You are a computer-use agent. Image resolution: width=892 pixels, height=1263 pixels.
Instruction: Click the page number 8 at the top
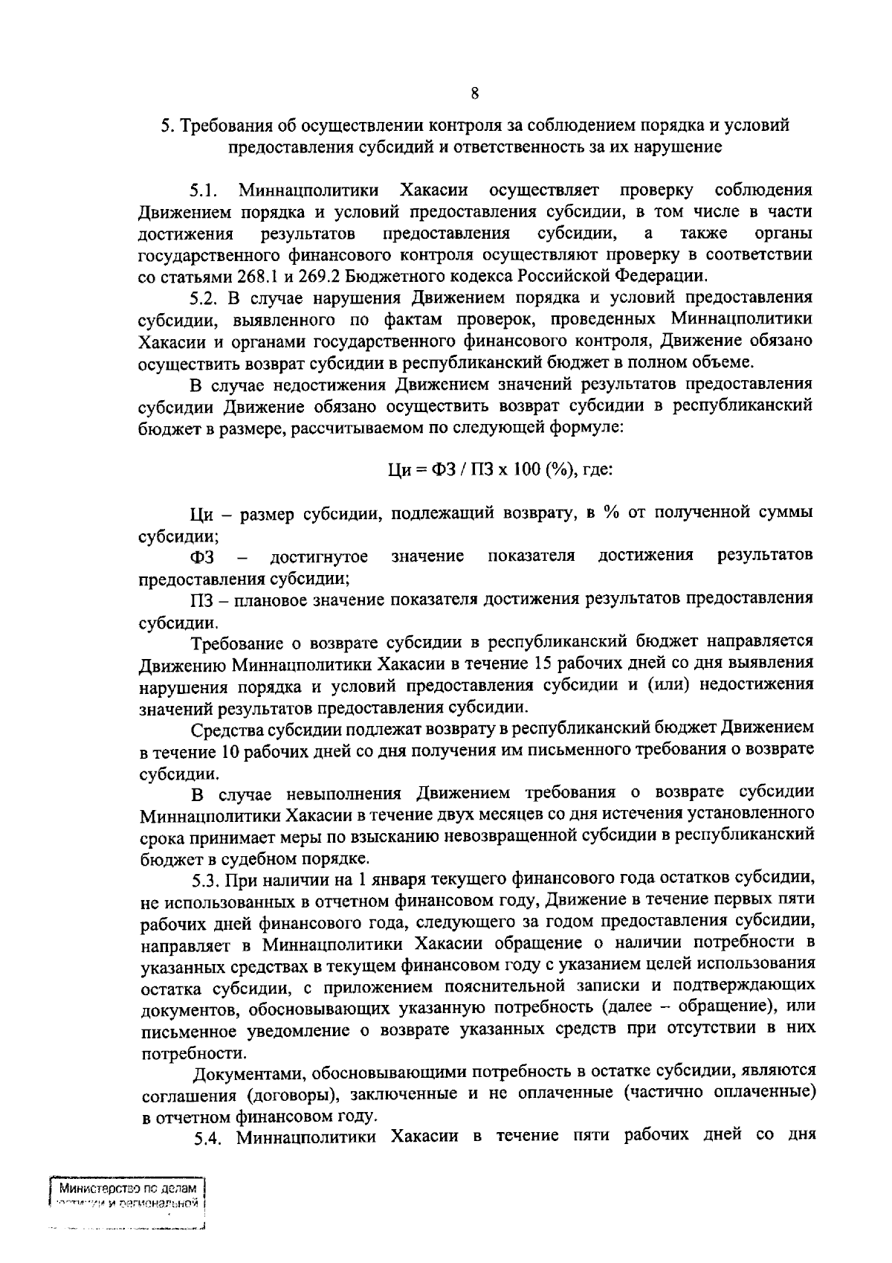tap(474, 94)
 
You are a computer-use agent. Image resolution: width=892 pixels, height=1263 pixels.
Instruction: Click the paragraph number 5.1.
tap(204, 190)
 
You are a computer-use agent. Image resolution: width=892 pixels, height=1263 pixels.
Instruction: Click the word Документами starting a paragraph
tap(248, 1073)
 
